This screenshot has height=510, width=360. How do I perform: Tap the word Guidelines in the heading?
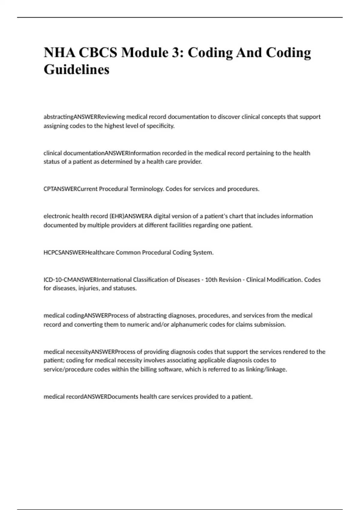coord(76,70)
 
